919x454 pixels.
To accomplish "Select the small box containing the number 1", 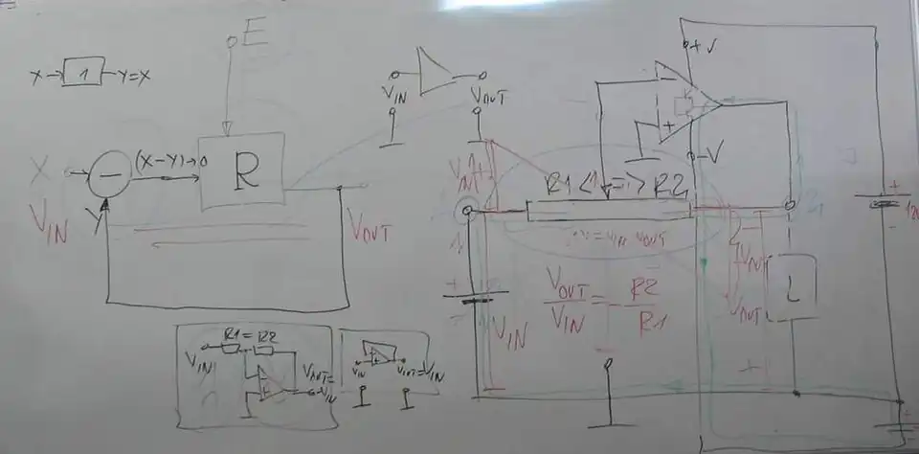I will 83,73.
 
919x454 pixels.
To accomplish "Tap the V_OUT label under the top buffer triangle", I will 488,95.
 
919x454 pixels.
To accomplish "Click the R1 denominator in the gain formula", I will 648,326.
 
